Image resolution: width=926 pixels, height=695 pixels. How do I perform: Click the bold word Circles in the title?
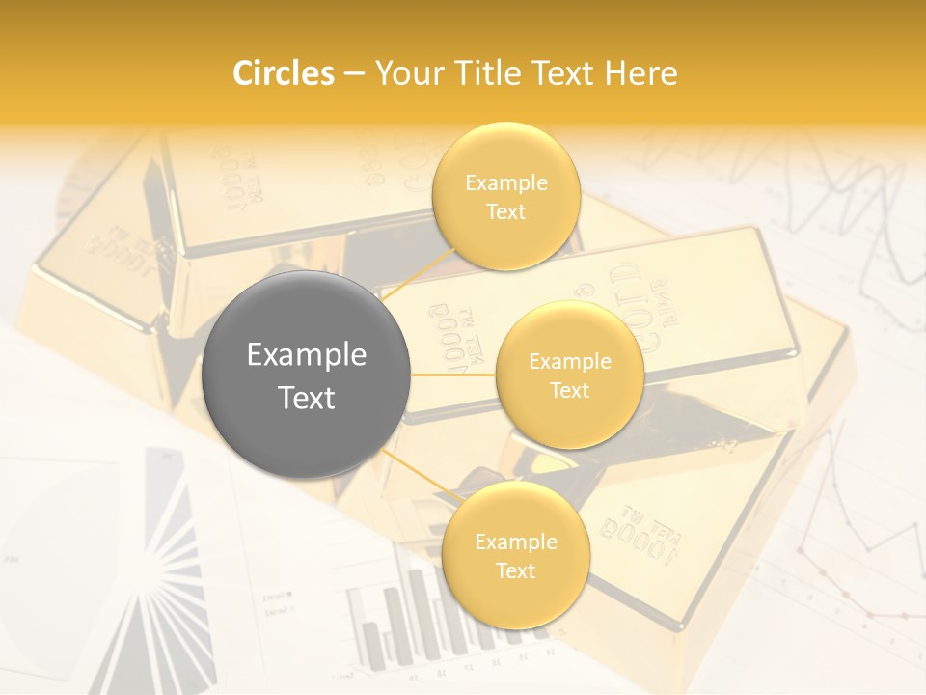point(284,73)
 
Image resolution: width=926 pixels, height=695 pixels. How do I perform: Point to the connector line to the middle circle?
point(453,375)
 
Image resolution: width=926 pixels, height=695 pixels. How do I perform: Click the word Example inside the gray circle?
point(307,355)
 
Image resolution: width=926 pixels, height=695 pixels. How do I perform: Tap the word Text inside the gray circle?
point(307,398)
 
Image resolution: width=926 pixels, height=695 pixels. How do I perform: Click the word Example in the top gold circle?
point(506,183)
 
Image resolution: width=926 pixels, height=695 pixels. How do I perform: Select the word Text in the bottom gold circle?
point(515,570)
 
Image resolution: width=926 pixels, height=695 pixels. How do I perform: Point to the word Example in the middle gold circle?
point(570,362)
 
